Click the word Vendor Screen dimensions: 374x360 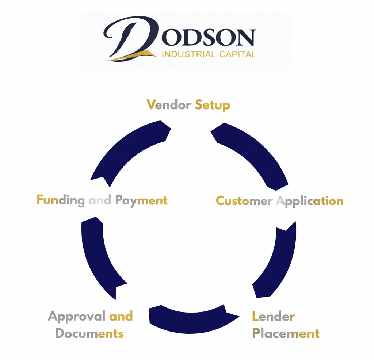click(x=169, y=105)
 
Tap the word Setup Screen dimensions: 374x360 click(x=212, y=106)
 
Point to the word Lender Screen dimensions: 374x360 click(x=273, y=316)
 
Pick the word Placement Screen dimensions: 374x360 click(x=286, y=334)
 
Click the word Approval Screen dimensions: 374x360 click(x=77, y=317)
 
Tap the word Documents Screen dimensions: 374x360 click(x=89, y=334)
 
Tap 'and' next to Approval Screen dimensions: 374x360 click(x=121, y=316)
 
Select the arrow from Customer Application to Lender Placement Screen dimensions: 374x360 click(x=278, y=259)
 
